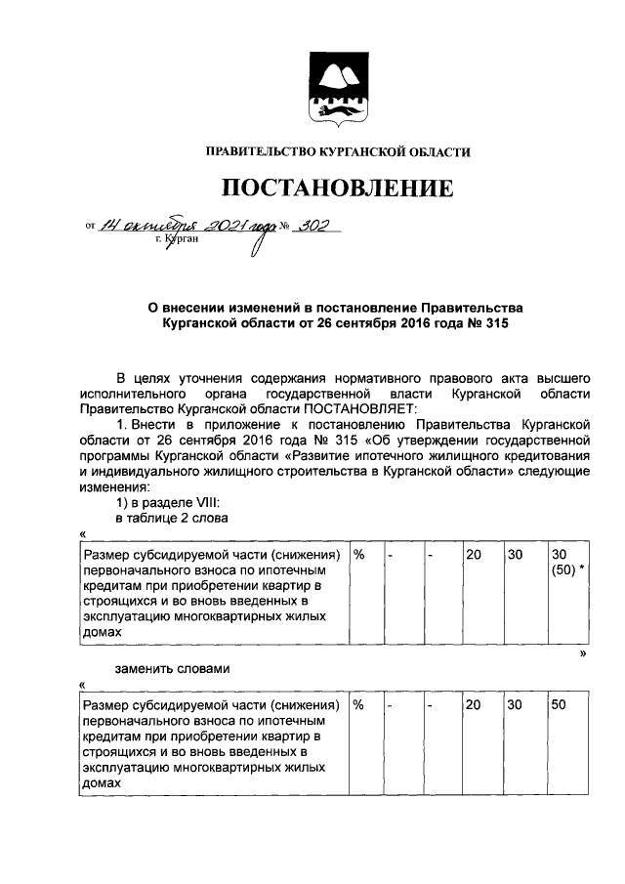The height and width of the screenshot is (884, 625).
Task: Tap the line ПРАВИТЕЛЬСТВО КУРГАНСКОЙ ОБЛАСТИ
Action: point(337,151)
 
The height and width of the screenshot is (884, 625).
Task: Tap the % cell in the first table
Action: point(359,554)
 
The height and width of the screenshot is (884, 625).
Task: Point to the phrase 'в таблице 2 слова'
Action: point(172,518)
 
